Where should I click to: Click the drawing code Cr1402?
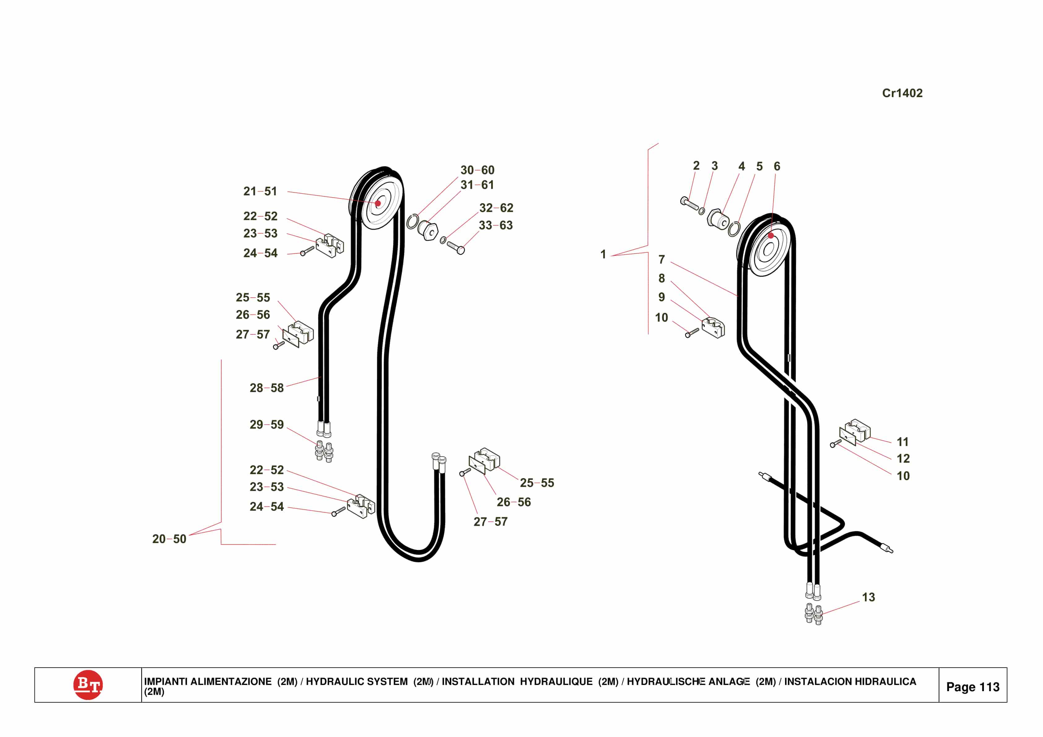pyautogui.click(x=902, y=93)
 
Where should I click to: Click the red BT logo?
pyautogui.click(x=88, y=684)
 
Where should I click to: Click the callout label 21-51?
pyautogui.click(x=260, y=191)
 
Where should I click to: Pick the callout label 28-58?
pyautogui.click(x=266, y=388)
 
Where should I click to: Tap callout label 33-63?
pyautogui.click(x=495, y=225)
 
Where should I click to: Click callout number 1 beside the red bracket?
pyautogui.click(x=603, y=255)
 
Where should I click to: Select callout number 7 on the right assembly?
pyautogui.click(x=661, y=259)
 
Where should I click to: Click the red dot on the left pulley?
pyautogui.click(x=378, y=203)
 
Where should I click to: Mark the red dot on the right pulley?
pyautogui.click(x=771, y=235)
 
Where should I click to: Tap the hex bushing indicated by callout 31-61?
pyautogui.click(x=428, y=231)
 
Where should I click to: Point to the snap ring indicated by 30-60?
pyautogui.click(x=412, y=222)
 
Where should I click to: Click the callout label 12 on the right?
pyautogui.click(x=903, y=459)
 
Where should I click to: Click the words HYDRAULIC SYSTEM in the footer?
pyautogui.click(x=357, y=682)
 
